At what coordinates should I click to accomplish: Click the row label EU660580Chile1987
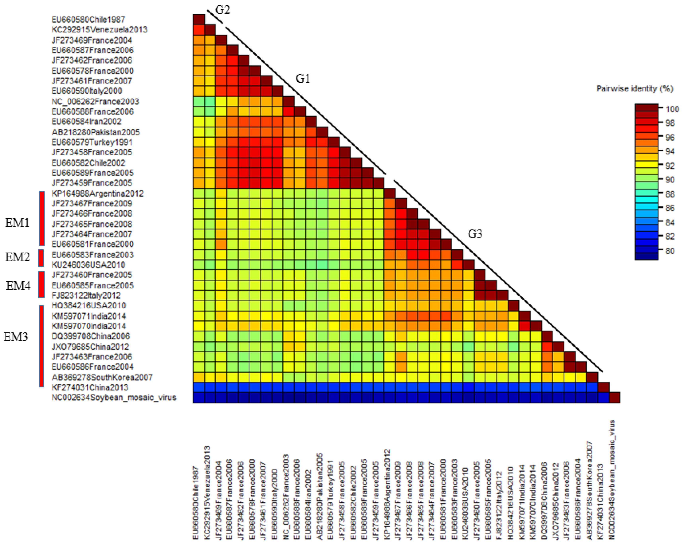point(88,20)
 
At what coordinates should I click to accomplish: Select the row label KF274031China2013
point(90,387)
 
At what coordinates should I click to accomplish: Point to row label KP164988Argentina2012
point(98,193)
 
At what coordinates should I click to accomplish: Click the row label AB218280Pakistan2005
point(96,132)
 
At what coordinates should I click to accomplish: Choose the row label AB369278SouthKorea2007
point(102,377)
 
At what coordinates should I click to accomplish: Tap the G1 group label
point(303,78)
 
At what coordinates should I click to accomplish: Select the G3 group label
point(475,234)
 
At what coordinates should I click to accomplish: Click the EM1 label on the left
point(17,223)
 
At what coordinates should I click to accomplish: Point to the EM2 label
point(17,257)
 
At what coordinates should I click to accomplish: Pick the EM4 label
point(18,286)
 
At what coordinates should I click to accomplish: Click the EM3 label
point(16,337)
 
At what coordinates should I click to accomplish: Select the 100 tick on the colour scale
point(672,109)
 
